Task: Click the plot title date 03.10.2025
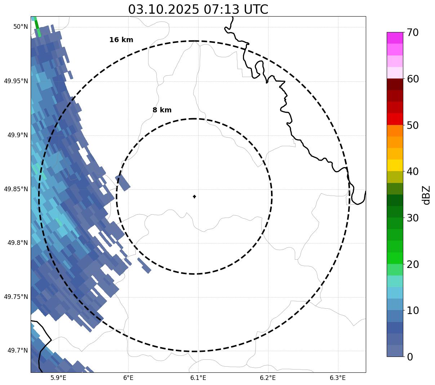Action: pos(163,9)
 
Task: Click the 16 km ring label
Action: pos(121,40)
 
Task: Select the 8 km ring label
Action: pos(162,110)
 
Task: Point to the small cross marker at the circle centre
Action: pos(194,196)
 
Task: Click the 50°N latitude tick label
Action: pos(21,27)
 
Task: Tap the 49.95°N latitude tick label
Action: pos(16,81)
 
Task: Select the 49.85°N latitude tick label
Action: pos(16,189)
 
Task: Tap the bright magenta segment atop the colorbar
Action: pos(395,38)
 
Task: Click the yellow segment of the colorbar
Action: pos(395,165)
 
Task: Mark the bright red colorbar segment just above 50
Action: pos(395,119)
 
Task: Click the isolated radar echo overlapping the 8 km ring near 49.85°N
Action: pos(123,182)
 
